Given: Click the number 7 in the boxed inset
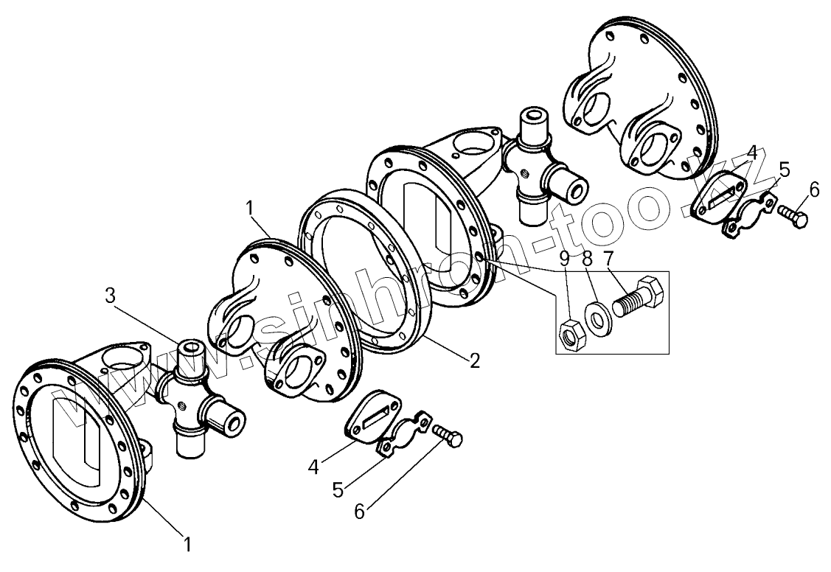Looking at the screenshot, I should click(610, 259).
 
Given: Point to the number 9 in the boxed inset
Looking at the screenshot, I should click(564, 259).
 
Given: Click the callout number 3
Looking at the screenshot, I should click(110, 296).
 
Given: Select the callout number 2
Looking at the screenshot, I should click(475, 360).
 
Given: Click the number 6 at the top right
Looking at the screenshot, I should click(814, 189).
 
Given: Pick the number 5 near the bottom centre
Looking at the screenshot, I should click(337, 489).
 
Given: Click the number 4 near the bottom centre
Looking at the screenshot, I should click(313, 467).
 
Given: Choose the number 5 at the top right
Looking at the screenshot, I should click(785, 170).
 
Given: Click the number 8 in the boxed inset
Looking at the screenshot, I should click(587, 259).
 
